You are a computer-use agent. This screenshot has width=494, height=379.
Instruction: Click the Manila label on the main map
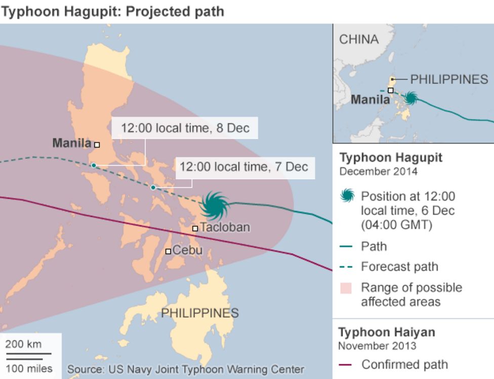tap(71, 143)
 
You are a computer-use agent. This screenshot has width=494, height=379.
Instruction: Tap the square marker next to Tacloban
tap(195, 228)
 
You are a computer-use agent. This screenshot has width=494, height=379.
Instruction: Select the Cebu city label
tap(187, 250)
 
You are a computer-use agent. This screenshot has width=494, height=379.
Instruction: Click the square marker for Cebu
tap(168, 251)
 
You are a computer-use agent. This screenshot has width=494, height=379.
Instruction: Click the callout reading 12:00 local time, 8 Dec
tap(185, 128)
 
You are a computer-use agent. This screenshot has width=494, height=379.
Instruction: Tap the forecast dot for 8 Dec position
tap(94, 165)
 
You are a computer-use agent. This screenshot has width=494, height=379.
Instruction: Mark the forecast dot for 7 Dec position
tap(153, 187)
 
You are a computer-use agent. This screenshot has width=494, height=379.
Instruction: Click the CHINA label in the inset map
tap(358, 39)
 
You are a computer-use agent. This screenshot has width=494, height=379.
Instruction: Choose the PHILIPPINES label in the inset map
tap(449, 79)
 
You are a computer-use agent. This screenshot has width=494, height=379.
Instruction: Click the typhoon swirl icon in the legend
tap(348, 196)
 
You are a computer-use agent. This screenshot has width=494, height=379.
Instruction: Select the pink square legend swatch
tap(346, 288)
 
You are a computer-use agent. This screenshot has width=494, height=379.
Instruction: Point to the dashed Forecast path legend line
tap(346, 267)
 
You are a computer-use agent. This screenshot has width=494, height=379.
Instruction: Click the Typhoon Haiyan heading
tap(386, 333)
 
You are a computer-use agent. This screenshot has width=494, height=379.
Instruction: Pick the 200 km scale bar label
tap(23, 344)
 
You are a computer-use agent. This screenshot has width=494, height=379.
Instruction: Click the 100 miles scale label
tap(28, 368)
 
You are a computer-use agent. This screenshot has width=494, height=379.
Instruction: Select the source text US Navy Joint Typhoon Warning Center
tap(185, 369)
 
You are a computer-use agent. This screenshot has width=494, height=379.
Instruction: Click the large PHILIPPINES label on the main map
tap(199, 313)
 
